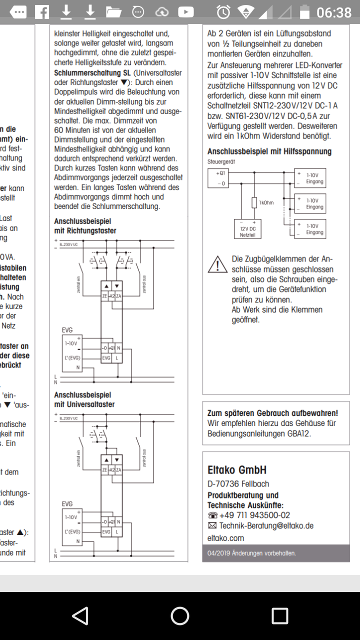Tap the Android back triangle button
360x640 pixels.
[80, 615]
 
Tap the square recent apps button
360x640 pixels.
[279, 615]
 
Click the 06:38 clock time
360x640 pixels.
[334, 12]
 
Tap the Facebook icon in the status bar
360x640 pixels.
[42, 12]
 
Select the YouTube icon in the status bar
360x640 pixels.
[185, 12]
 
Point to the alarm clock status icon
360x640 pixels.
[223, 12]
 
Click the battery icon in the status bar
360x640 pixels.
[303, 12]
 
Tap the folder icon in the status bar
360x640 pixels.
[113, 12]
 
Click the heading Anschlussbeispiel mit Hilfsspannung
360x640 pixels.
[269, 151]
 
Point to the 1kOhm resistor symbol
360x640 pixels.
[254, 202]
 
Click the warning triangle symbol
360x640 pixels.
[217, 264]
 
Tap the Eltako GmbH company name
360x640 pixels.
[237, 470]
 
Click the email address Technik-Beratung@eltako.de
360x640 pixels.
[266, 525]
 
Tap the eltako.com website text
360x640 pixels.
[225, 538]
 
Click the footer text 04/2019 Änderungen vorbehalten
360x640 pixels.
[251, 553]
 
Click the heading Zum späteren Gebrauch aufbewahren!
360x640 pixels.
[272, 413]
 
